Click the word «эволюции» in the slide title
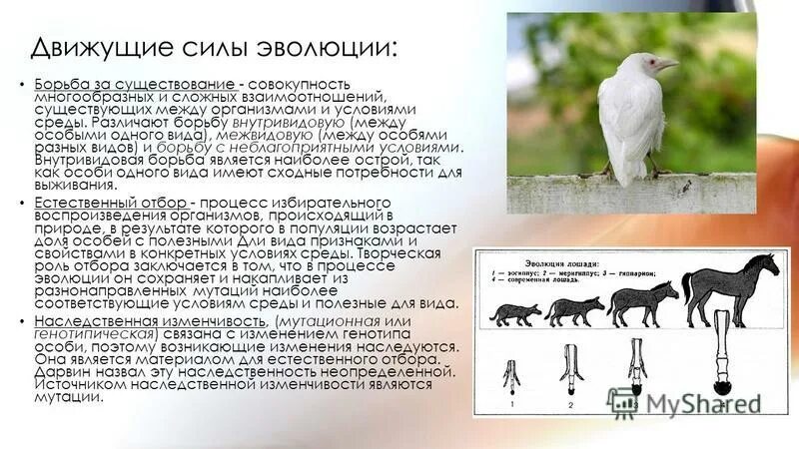(x=319, y=48)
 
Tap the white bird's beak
(x=667, y=65)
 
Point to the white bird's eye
(x=648, y=61)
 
